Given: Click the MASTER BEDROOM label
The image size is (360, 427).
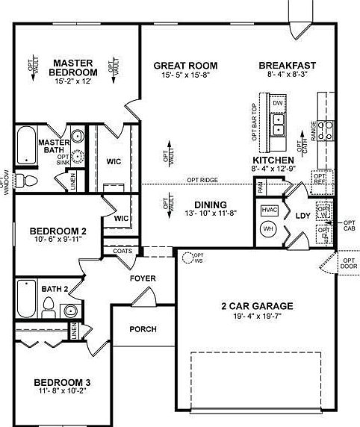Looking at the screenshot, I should pos(74,67).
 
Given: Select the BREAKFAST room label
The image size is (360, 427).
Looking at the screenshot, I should pos(288,64).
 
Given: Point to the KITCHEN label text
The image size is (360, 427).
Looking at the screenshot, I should pos(273,160).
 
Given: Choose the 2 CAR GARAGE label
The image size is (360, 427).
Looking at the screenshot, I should pos(256,305).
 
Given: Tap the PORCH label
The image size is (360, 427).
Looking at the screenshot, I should pos(143,328).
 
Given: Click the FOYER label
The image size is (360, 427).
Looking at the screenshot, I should pos(143,278).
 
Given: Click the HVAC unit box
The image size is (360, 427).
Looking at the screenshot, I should pos(268,210).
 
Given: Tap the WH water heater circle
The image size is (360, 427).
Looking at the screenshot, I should pos(268,228).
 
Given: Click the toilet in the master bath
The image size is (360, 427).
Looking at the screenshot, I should pos(26,180).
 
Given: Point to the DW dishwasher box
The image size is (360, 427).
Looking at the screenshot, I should pos(277,102).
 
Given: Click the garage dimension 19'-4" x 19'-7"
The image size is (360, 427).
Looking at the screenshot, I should pos(256,316).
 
